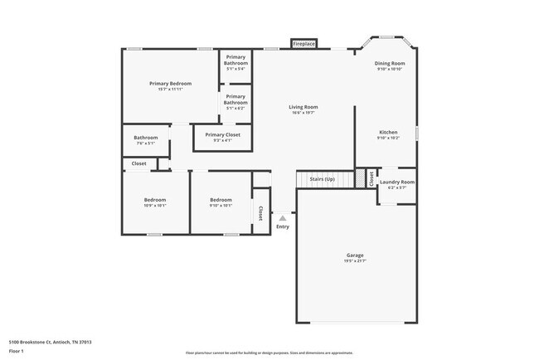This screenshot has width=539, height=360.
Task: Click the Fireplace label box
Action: click(303, 43)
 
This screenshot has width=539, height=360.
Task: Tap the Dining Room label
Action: click(390, 63)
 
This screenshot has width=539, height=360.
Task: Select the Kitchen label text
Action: click(388, 132)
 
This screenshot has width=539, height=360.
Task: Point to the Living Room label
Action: click(303, 107)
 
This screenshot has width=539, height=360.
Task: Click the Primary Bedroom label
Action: click(170, 83)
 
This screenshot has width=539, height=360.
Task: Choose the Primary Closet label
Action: click(222, 134)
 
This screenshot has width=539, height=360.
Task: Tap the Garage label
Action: click(355, 255)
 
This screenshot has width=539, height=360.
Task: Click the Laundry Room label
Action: click(396, 182)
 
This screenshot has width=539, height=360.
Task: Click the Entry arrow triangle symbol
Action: click(282, 218)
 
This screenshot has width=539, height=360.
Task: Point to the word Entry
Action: click(283, 226)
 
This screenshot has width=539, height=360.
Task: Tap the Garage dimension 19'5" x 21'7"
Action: click(355, 261)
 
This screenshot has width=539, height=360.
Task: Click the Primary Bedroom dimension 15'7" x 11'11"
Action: click(170, 90)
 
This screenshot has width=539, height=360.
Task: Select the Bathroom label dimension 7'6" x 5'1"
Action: click(146, 144)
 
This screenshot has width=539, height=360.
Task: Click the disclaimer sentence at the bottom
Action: click(269, 352)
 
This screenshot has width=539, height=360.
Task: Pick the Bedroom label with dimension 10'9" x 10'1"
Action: click(155, 199)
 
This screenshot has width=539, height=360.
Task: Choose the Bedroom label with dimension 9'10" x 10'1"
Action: click(221, 199)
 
